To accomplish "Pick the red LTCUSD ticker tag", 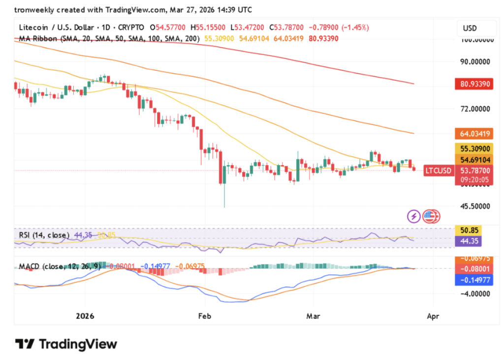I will point(438,170).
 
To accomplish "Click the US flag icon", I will point(431,216).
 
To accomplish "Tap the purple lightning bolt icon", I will point(413,216).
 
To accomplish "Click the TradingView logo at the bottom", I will point(66,344).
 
